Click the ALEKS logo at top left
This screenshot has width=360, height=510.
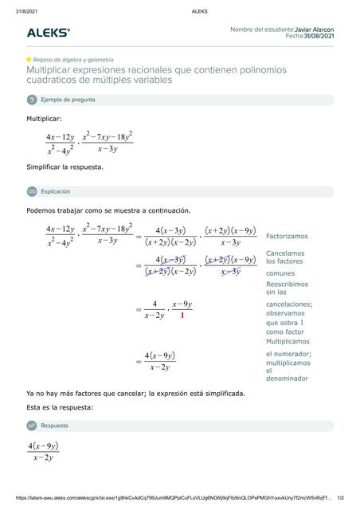48,33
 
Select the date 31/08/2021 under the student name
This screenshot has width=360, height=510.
319,37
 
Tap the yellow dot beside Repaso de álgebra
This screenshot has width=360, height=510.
29,60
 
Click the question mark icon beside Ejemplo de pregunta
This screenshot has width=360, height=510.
32,100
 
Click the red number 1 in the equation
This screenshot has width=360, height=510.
182,316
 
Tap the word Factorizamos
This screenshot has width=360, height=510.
287,236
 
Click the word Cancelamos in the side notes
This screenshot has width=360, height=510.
285,253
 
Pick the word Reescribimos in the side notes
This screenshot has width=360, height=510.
287,284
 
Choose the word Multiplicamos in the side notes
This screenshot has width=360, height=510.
288,340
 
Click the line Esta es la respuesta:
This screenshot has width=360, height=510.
60,407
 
